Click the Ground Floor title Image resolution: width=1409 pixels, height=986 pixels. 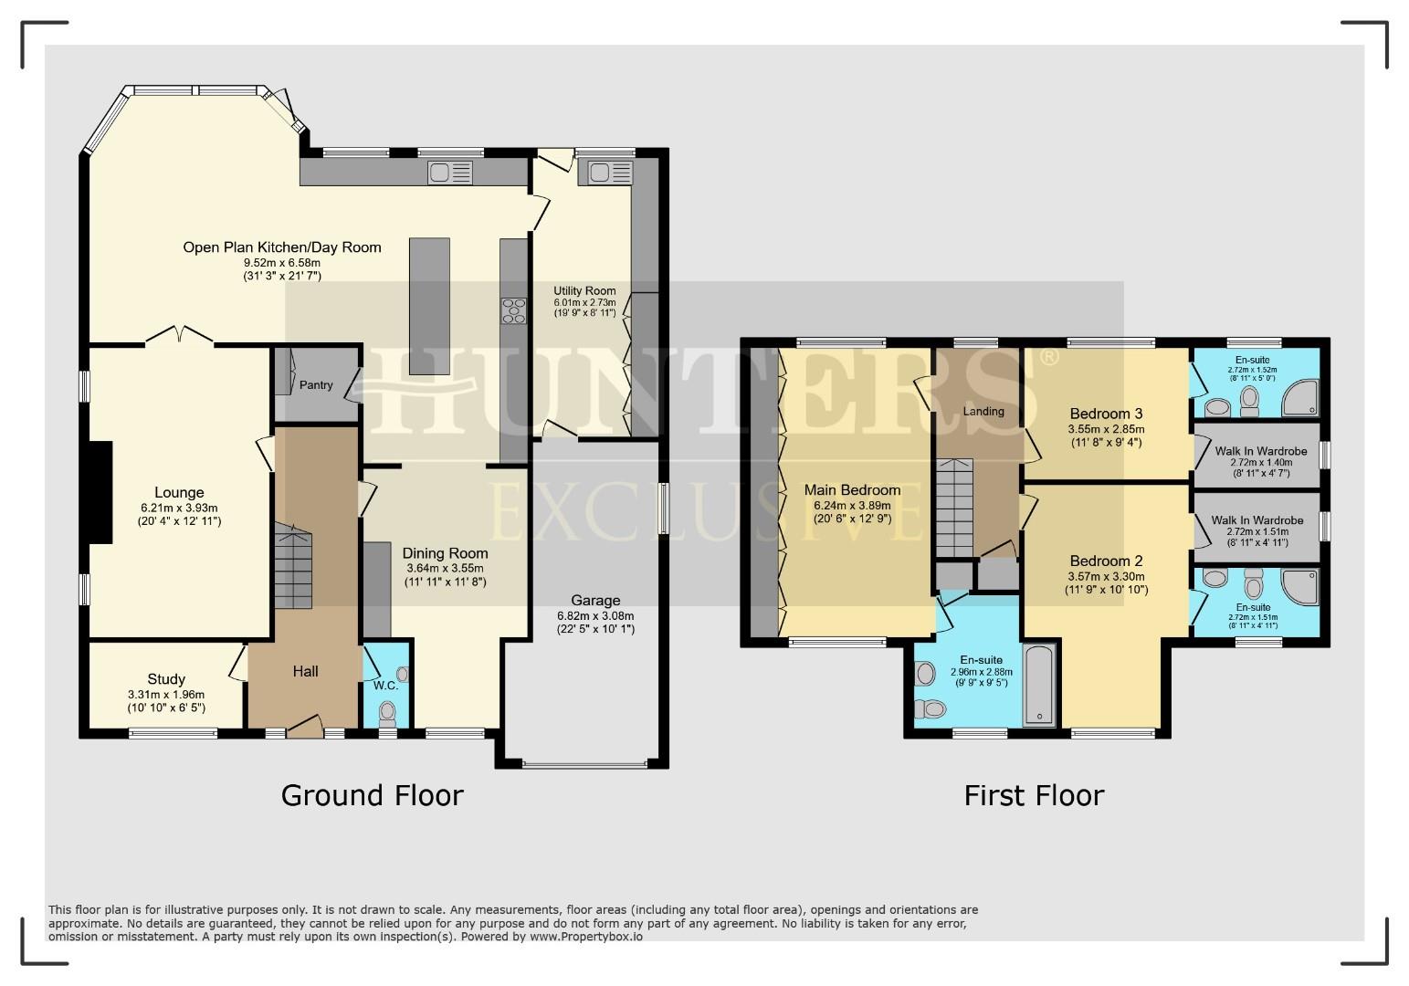click(372, 795)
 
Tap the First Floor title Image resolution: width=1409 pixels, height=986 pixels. click(1034, 795)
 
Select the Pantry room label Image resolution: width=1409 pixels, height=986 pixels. click(316, 385)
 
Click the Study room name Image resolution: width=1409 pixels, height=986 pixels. click(166, 679)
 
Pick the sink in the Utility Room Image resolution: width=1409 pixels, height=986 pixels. click(610, 173)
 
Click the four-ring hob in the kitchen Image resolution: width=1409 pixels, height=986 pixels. click(514, 310)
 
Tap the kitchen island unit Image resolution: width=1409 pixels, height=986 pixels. click(429, 306)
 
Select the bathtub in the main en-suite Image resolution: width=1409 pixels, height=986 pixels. click(1040, 684)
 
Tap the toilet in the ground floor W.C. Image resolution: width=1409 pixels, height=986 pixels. click(387, 710)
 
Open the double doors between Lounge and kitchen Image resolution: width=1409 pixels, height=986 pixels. click(180, 338)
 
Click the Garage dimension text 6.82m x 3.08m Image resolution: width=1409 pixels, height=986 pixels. click(595, 615)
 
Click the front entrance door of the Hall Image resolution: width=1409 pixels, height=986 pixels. click(304, 728)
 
